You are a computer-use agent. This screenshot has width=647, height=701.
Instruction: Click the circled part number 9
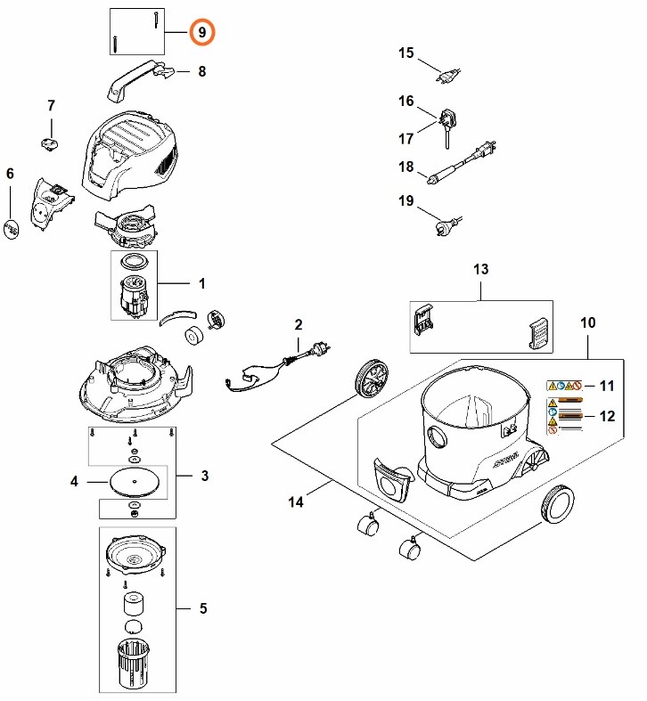202,32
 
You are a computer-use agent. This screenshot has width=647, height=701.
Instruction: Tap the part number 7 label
51,107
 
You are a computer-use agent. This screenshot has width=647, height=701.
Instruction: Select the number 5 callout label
203,608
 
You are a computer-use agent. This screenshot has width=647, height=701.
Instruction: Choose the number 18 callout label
406,167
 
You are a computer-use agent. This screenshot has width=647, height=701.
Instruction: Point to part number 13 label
481,269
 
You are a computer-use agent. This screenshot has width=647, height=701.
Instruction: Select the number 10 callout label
587,322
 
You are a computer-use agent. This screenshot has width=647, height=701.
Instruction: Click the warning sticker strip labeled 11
564,386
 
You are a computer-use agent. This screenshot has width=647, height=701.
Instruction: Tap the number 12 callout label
609,416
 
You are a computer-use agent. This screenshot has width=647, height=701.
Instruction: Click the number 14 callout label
297,502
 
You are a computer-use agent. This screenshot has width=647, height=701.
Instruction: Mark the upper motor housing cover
134,152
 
